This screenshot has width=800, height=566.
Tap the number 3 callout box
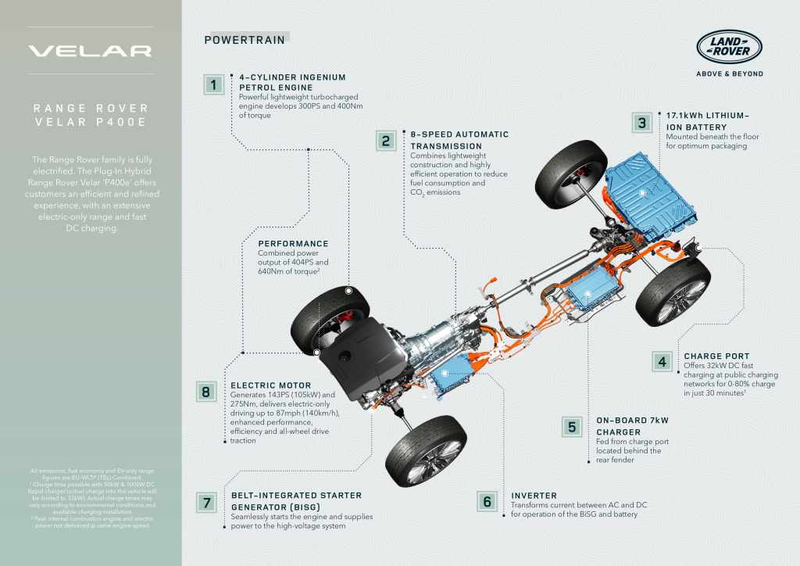click(642, 123)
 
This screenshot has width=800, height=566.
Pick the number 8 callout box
click(205, 392)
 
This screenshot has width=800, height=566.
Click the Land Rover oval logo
click(729, 47)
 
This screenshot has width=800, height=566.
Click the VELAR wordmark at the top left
click(90, 52)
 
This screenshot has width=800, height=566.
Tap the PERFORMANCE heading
click(293, 244)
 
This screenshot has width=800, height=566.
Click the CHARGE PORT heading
click(716, 356)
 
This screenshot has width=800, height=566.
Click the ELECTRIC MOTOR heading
click(271, 385)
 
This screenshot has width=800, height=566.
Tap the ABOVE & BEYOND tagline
click(729, 74)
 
